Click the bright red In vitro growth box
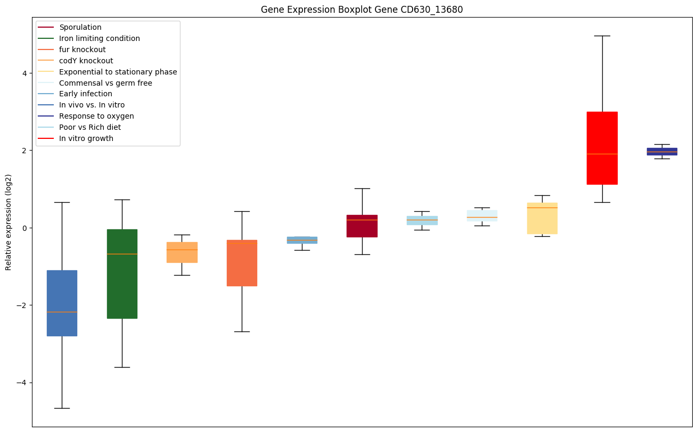pos(602,133)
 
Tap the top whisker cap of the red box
pos(602,36)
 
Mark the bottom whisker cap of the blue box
pos(62,408)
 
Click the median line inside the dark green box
pos(122,254)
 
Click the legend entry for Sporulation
pos(80,27)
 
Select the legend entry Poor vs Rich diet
pos(90,127)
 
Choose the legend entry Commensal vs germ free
pos(105,83)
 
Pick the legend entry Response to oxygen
pos(96,116)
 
